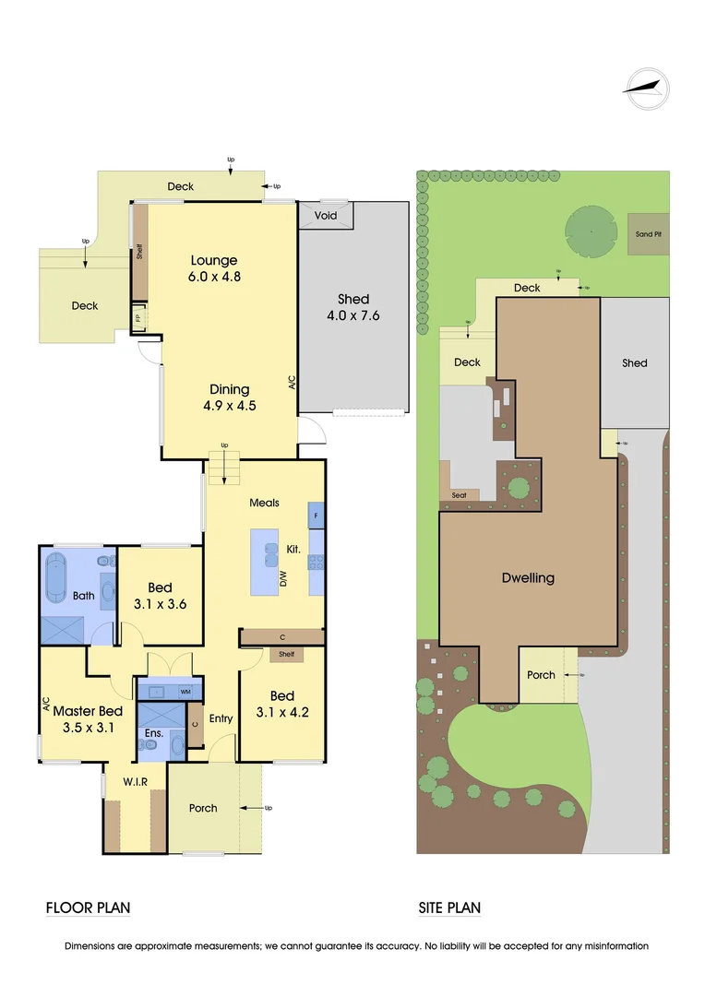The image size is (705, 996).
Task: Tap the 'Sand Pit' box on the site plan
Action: (648, 234)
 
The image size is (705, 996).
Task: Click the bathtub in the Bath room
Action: (59, 577)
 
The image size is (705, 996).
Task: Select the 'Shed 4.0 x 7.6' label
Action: (352, 307)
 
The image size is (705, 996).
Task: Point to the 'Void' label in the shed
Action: (326, 215)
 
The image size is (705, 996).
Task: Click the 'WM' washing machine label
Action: (185, 691)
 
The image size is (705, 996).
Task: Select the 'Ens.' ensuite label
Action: (152, 734)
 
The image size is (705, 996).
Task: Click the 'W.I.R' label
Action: (136, 782)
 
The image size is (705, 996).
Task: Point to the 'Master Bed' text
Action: (88, 711)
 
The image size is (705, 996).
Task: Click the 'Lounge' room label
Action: (214, 260)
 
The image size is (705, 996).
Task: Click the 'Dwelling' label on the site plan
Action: (528, 578)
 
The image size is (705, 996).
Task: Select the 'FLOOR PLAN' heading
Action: (88, 908)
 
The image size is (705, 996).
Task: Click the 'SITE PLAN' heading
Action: (449, 908)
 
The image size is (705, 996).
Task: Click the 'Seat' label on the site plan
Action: (460, 495)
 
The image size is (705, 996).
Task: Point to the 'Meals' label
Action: (264, 503)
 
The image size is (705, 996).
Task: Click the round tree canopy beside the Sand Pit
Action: (590, 231)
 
